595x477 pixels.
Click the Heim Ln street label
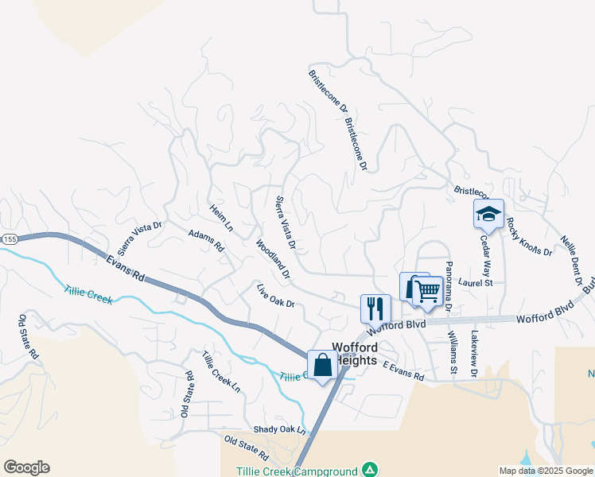(x=221, y=217)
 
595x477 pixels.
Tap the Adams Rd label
(x=206, y=240)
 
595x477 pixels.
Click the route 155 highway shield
(x=9, y=238)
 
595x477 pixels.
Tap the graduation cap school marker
(x=488, y=214)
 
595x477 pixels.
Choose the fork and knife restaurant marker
(x=375, y=307)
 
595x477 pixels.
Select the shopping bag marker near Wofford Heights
(x=323, y=366)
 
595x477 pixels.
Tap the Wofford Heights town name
(x=356, y=353)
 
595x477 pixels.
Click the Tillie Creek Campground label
(x=296, y=471)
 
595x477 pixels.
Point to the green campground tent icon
(x=369, y=470)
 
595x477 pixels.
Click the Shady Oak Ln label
(x=279, y=429)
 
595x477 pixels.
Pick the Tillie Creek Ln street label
(x=220, y=372)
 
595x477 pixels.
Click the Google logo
(x=26, y=467)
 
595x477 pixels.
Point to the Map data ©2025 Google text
(x=545, y=471)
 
